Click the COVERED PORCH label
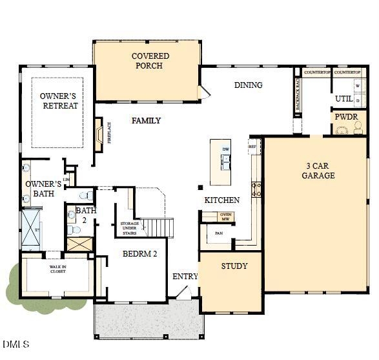[x=150, y=61]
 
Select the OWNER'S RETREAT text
[x=59, y=101]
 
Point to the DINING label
[x=248, y=85]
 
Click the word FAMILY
[x=146, y=121]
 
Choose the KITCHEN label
[x=222, y=200]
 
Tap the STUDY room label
[x=234, y=266]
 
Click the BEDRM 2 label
[x=140, y=254]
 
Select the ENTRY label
[x=185, y=277]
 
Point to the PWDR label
[x=343, y=118]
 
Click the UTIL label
[x=343, y=99]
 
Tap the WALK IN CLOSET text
[x=58, y=269]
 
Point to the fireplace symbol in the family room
[x=99, y=134]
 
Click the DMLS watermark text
[x=15, y=344]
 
